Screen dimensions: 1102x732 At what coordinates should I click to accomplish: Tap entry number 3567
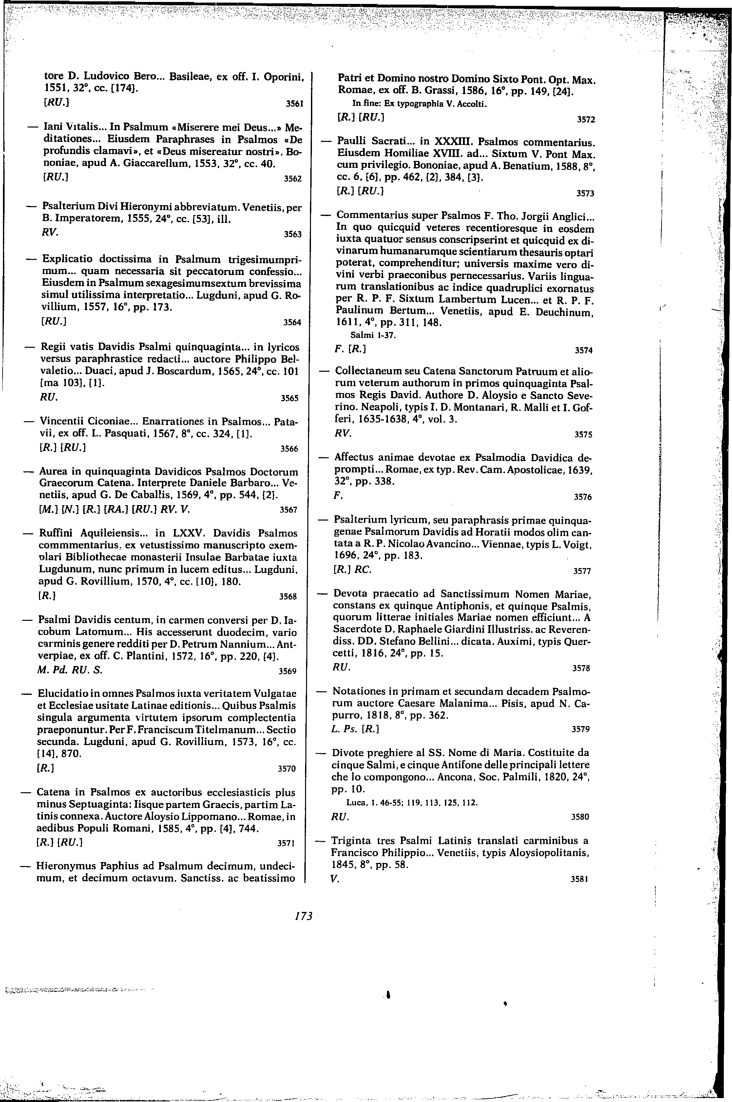(288, 509)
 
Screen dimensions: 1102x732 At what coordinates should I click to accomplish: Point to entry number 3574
(584, 350)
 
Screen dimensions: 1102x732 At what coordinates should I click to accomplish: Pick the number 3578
(581, 668)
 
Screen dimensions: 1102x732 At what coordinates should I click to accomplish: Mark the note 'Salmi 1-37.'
(373, 334)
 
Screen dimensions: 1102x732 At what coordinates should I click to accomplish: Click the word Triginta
(352, 841)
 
